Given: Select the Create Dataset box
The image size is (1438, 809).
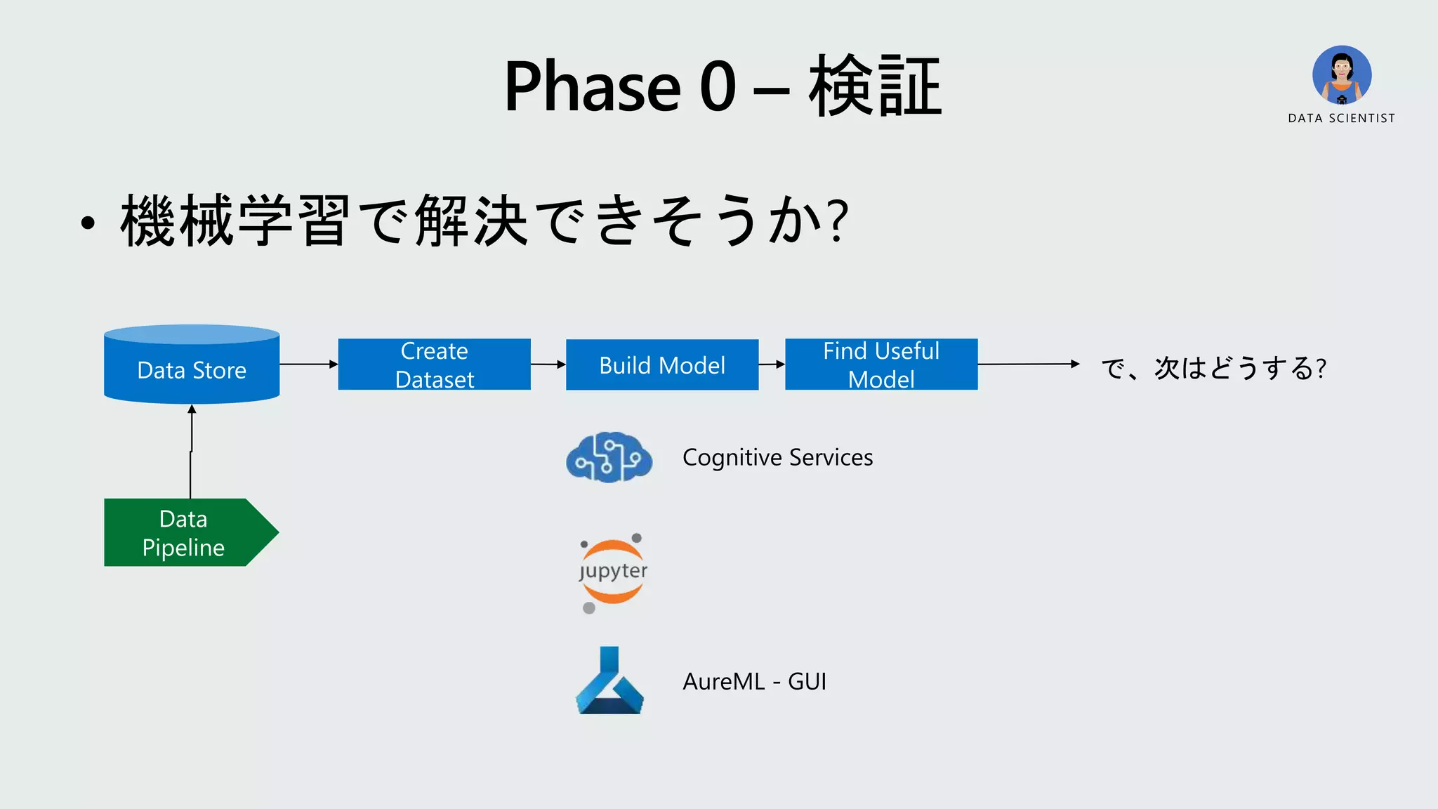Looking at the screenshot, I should tap(434, 364).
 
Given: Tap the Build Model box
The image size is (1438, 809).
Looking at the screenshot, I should tap(661, 364).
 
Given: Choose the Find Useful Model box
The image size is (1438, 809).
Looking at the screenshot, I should tap(880, 364).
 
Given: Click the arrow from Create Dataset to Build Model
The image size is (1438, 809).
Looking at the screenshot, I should tap(548, 364).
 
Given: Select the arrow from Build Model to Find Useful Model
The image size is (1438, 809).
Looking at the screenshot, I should tap(771, 364).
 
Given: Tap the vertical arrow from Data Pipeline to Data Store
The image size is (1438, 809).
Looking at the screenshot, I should tap(191, 453).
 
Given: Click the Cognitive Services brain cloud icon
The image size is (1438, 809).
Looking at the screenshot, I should tap(609, 457).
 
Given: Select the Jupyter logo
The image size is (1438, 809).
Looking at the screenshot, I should tap(612, 572).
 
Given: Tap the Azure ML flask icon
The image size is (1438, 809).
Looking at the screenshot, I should tap(609, 681).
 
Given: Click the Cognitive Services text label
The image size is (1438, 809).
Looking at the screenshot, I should tap(777, 457).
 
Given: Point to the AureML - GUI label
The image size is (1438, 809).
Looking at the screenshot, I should tap(754, 681).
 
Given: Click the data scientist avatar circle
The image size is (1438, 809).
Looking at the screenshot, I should tap(1342, 75).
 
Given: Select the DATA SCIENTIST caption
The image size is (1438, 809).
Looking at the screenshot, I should tap(1341, 118).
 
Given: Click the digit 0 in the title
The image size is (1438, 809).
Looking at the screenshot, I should tap(718, 86).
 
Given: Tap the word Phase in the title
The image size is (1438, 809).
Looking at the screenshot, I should tap(592, 86).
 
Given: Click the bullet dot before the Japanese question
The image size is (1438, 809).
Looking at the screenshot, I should tap(87, 223).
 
